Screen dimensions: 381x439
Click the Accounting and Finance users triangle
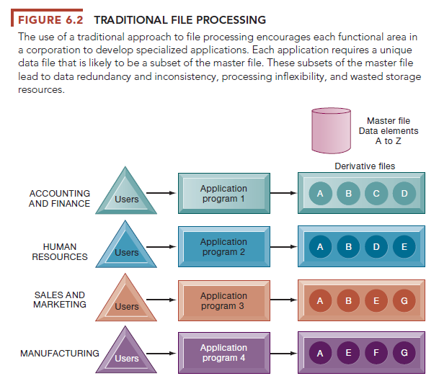[127, 195]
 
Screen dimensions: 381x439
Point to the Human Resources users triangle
[127, 248]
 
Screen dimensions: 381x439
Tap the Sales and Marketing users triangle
[127, 302]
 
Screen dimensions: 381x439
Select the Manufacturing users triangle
[127, 354]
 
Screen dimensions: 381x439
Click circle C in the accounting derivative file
[376, 193]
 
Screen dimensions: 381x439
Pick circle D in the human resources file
[376, 246]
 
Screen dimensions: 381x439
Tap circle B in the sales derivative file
[349, 300]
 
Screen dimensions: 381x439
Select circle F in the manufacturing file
[376, 353]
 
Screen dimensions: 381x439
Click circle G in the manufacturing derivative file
[404, 353]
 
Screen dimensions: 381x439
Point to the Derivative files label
[365, 166]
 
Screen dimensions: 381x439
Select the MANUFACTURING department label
[60, 354]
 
